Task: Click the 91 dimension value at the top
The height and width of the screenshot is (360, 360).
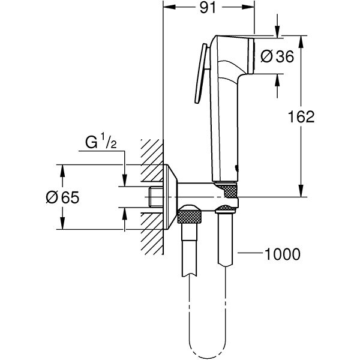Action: pyautogui.click(x=209, y=8)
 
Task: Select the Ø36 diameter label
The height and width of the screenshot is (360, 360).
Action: pyautogui.click(x=278, y=57)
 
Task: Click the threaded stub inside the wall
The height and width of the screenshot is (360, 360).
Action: pyautogui.click(x=155, y=197)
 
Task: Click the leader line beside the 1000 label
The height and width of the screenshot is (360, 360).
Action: pyautogui.click(x=248, y=254)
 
